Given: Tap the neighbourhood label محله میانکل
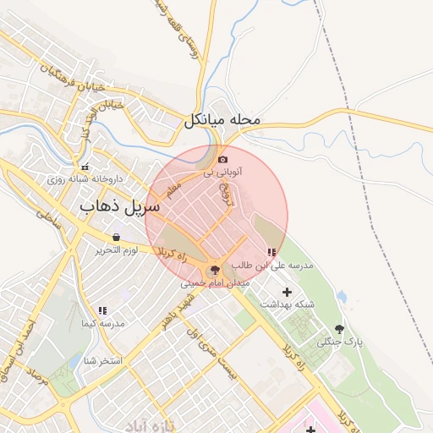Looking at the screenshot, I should (x=222, y=122).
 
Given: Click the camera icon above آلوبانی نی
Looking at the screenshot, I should (x=222, y=159).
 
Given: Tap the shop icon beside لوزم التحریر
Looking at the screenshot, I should (x=115, y=237).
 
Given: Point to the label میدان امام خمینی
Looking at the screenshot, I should (x=215, y=284).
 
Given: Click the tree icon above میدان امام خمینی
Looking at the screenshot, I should (x=215, y=271).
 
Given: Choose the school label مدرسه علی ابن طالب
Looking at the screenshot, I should (x=278, y=266).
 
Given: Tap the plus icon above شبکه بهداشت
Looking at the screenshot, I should (x=286, y=292).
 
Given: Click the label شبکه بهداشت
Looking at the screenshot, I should (x=285, y=304).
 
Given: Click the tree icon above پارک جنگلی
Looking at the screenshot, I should (x=340, y=329).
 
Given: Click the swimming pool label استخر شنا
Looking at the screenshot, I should (x=103, y=361).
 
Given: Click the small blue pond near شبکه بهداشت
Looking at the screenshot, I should (x=342, y=297).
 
